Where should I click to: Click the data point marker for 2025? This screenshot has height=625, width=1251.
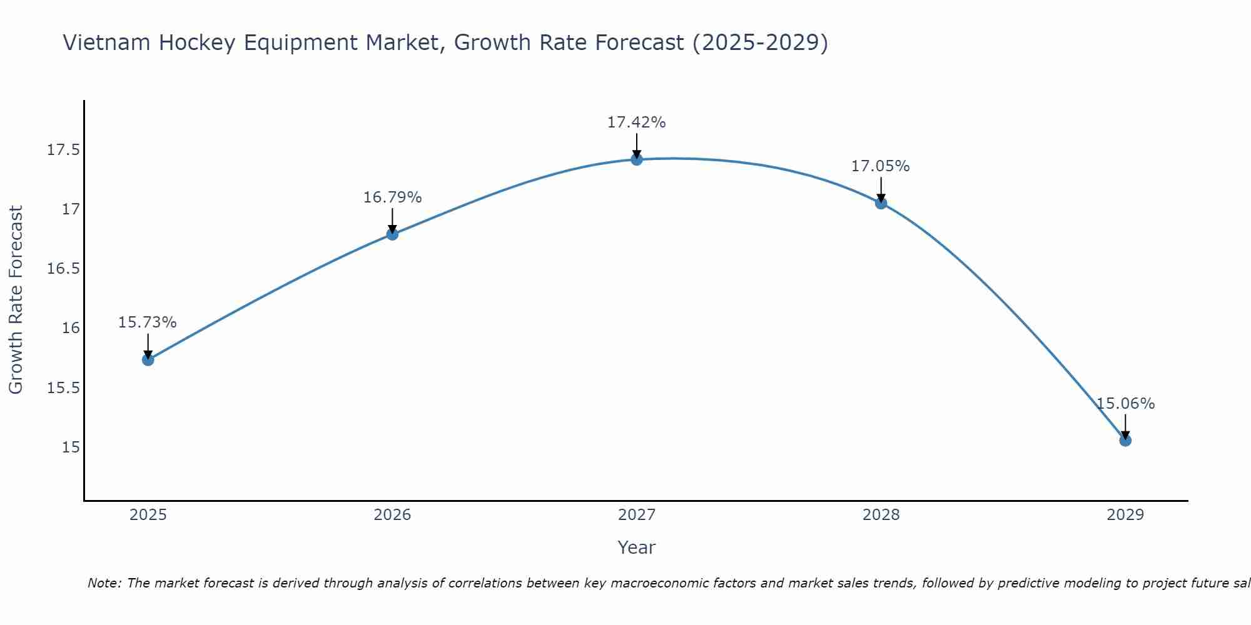point(148,359)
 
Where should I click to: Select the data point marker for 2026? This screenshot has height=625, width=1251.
point(392,234)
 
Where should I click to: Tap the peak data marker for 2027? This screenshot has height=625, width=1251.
point(637,159)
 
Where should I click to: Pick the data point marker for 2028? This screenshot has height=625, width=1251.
point(881,203)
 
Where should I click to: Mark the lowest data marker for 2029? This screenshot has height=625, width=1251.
point(1125,440)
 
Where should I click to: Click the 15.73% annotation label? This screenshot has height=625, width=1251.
point(148,322)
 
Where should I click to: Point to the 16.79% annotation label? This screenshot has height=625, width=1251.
point(392,197)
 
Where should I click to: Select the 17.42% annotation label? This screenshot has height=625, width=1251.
point(636,122)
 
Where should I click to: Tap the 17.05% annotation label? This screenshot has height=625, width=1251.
point(880,166)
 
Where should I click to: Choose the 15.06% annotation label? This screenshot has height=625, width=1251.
point(1125,404)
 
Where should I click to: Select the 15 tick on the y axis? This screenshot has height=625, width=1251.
point(71,447)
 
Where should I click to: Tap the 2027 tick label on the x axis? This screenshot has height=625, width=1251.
point(637,515)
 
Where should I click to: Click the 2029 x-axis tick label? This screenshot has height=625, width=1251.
point(1125,515)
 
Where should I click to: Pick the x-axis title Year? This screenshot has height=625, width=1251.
point(636,547)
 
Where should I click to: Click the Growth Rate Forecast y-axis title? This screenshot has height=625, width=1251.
point(16,299)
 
